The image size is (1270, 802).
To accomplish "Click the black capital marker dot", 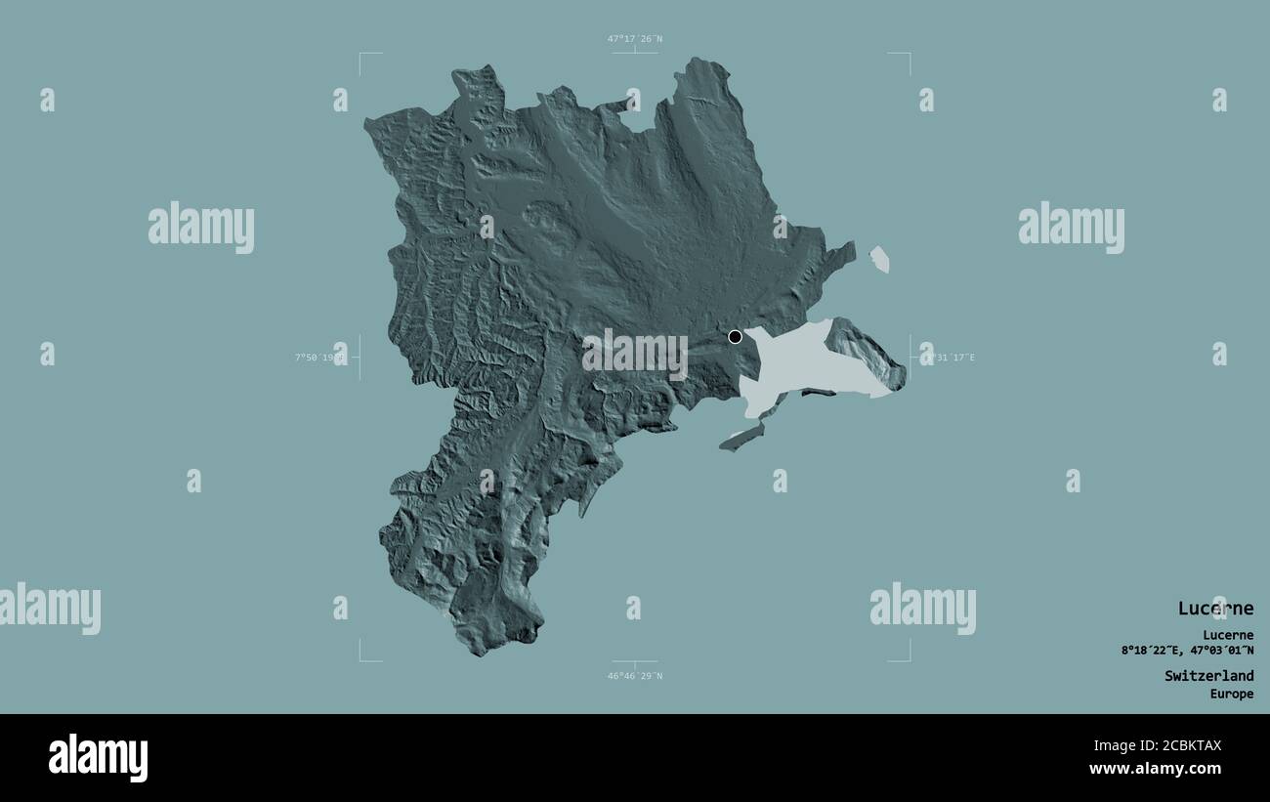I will click(x=736, y=337).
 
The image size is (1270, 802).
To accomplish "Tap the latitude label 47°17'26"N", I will click(x=635, y=39).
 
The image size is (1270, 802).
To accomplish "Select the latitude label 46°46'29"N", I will click(x=635, y=676).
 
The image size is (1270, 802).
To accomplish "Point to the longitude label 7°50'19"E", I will click(x=320, y=358).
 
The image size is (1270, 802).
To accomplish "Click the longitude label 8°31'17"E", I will click(x=948, y=358).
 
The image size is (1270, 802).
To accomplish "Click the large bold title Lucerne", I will click(x=1215, y=609).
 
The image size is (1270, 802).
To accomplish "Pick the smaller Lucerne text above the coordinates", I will click(x=1228, y=635).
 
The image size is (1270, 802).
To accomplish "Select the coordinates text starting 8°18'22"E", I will click(x=1188, y=651).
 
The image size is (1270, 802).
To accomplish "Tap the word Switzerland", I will click(x=1208, y=676).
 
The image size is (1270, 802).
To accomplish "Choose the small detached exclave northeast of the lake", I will click(x=879, y=259).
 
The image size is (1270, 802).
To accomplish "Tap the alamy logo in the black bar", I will click(x=98, y=758).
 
